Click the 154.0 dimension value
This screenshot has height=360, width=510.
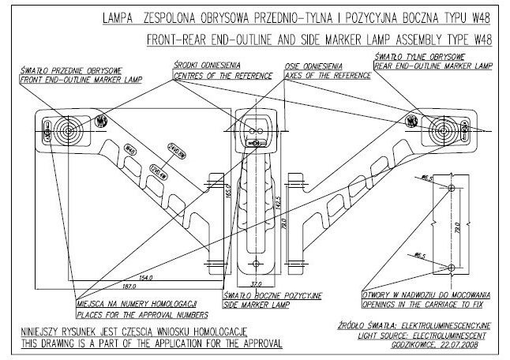click(x=144, y=278)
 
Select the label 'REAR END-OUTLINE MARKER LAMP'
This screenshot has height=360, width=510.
click(x=432, y=66)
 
